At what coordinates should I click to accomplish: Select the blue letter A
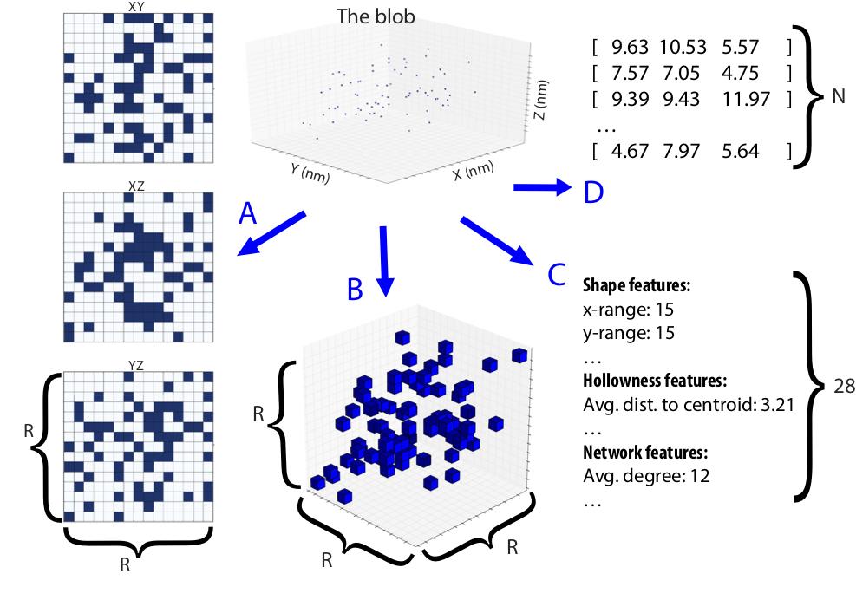point(248,213)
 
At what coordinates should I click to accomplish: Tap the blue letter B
point(354,289)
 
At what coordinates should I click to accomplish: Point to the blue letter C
point(559,274)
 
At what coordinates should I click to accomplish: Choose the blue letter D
point(593,192)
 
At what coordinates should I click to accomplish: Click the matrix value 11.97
point(746,99)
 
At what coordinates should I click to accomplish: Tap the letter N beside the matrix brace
point(838,97)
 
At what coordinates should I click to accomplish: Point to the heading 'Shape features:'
point(636,285)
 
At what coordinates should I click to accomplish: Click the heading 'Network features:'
point(645,453)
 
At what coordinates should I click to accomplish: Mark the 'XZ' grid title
point(136,186)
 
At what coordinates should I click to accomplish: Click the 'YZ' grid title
point(136,366)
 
